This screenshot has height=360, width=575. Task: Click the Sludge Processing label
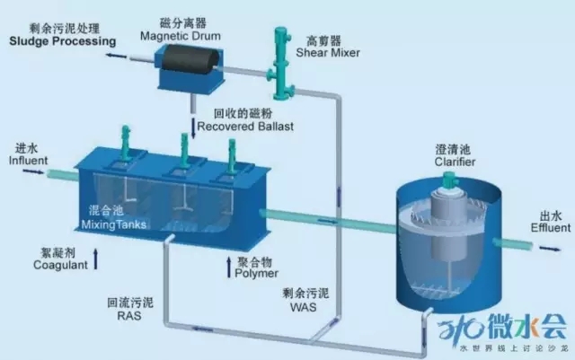[x=62, y=41]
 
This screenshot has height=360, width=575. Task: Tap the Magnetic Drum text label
[x=181, y=36]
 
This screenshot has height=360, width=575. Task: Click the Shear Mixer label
[x=328, y=52]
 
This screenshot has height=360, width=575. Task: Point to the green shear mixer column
[x=281, y=63]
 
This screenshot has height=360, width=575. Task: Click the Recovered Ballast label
[x=245, y=127]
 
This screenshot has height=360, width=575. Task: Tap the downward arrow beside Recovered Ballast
[x=193, y=128]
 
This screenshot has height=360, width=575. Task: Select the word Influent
[x=28, y=160]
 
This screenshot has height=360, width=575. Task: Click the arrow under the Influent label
[x=33, y=171]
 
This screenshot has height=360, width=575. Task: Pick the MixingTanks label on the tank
[x=114, y=224]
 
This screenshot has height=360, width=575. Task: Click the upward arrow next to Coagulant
[x=96, y=259]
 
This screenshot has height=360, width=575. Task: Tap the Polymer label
[x=256, y=274]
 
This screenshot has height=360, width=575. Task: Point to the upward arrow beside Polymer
[x=229, y=267]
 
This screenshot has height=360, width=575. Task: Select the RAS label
[x=129, y=316]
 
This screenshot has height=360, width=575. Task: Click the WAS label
[x=304, y=307]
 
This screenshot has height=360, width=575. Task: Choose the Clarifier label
[x=455, y=162]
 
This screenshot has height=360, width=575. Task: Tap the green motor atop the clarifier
[x=449, y=180]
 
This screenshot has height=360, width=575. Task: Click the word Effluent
[x=551, y=228]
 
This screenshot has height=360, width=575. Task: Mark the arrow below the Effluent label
[x=550, y=249]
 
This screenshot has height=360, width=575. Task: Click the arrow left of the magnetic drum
[x=116, y=56]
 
